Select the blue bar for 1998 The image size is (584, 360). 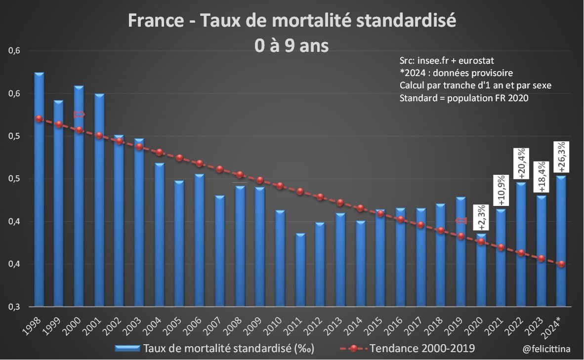39,190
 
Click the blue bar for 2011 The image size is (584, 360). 300,270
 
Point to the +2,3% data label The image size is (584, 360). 481,217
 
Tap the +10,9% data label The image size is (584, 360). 501,190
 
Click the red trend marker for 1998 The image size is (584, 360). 39,119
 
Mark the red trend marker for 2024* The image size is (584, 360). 561,264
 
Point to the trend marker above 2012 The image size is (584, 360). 320,197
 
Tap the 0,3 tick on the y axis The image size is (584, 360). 13,307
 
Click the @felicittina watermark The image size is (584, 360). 546,349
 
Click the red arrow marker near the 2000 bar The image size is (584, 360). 79,115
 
